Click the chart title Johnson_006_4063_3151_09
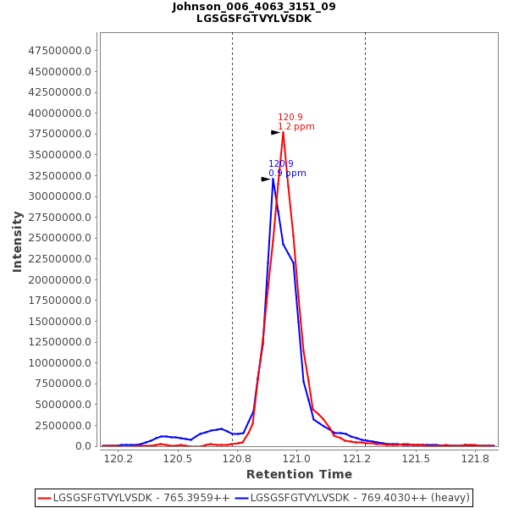tap(254, 7)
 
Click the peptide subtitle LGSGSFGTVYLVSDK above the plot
tap(254, 19)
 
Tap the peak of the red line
tap(283, 132)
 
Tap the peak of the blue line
tap(273, 179)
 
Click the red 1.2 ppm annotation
tap(296, 127)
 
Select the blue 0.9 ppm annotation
tap(287, 174)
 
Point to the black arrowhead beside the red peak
tap(275, 132)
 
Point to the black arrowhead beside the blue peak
tap(265, 179)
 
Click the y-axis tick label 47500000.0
tap(60, 51)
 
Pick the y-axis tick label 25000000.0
tap(60, 238)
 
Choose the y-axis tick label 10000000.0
tap(60, 362)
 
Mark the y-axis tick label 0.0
tap(84, 446)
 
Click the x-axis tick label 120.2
tap(119, 458)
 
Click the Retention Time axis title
tap(299, 474)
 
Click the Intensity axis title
tap(18, 241)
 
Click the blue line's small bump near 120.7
tap(221, 428)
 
